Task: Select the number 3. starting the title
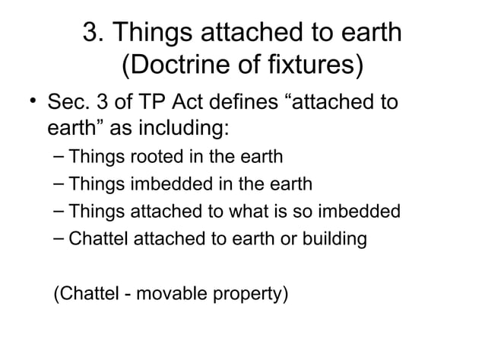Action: (94, 34)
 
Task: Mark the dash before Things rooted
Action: (59, 158)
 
